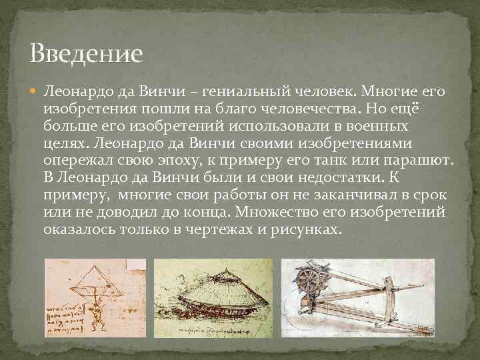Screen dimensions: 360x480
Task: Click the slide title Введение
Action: click(86, 53)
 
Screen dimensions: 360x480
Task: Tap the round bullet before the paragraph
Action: click(35, 90)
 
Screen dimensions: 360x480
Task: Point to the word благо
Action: click(266, 108)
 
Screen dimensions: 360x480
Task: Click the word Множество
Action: click(298, 212)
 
